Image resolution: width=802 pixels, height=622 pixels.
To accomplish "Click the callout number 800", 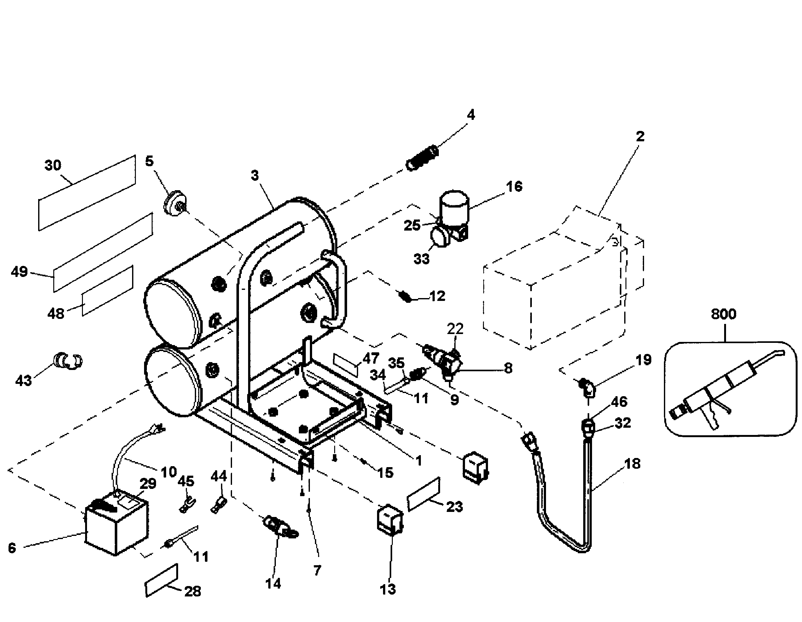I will (x=724, y=314).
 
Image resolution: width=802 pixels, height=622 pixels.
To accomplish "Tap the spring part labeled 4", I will (x=422, y=158).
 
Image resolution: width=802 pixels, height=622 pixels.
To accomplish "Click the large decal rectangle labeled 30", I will (x=87, y=193).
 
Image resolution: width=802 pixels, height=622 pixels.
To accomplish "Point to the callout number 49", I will (x=19, y=272).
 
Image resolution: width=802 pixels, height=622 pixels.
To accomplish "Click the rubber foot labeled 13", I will (x=390, y=519).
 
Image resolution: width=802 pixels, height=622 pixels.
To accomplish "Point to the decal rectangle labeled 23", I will (x=423, y=494).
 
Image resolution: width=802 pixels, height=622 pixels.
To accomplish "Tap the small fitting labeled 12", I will (x=405, y=296).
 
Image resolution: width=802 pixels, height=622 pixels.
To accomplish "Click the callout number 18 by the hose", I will (x=632, y=464).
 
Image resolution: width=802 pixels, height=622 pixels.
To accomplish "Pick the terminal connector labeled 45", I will (x=187, y=503).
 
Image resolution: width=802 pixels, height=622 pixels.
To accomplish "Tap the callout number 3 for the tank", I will (x=255, y=176).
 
